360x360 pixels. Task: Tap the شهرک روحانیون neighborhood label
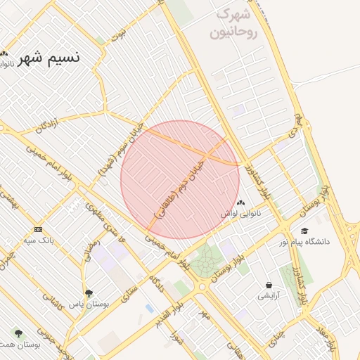point(233,22)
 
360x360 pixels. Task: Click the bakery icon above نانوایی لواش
point(241,203)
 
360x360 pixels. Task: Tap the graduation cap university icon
point(304,231)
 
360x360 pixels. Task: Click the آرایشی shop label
point(269,296)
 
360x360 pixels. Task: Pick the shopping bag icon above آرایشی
point(269,285)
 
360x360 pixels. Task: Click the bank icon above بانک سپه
point(38,229)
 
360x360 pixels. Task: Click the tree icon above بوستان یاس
point(88,293)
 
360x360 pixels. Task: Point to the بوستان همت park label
point(18,345)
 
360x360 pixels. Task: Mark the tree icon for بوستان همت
point(18,333)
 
